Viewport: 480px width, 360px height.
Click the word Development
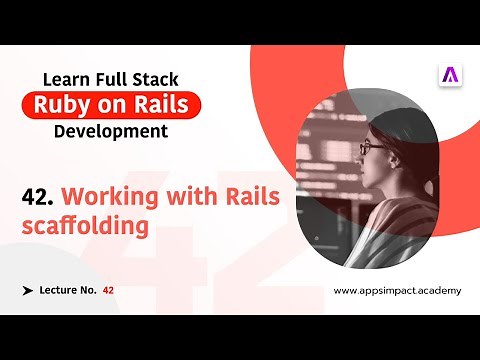(x=111, y=131)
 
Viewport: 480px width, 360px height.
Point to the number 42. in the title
(x=39, y=196)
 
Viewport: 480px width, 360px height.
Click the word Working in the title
(x=108, y=196)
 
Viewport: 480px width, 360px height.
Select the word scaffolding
(x=85, y=226)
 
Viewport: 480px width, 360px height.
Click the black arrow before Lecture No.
(x=26, y=290)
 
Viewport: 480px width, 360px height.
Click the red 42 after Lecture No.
(x=108, y=290)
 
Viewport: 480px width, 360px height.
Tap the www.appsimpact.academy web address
(x=397, y=290)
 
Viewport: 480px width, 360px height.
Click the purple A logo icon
(x=449, y=75)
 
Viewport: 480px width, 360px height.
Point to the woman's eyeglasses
(x=371, y=147)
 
